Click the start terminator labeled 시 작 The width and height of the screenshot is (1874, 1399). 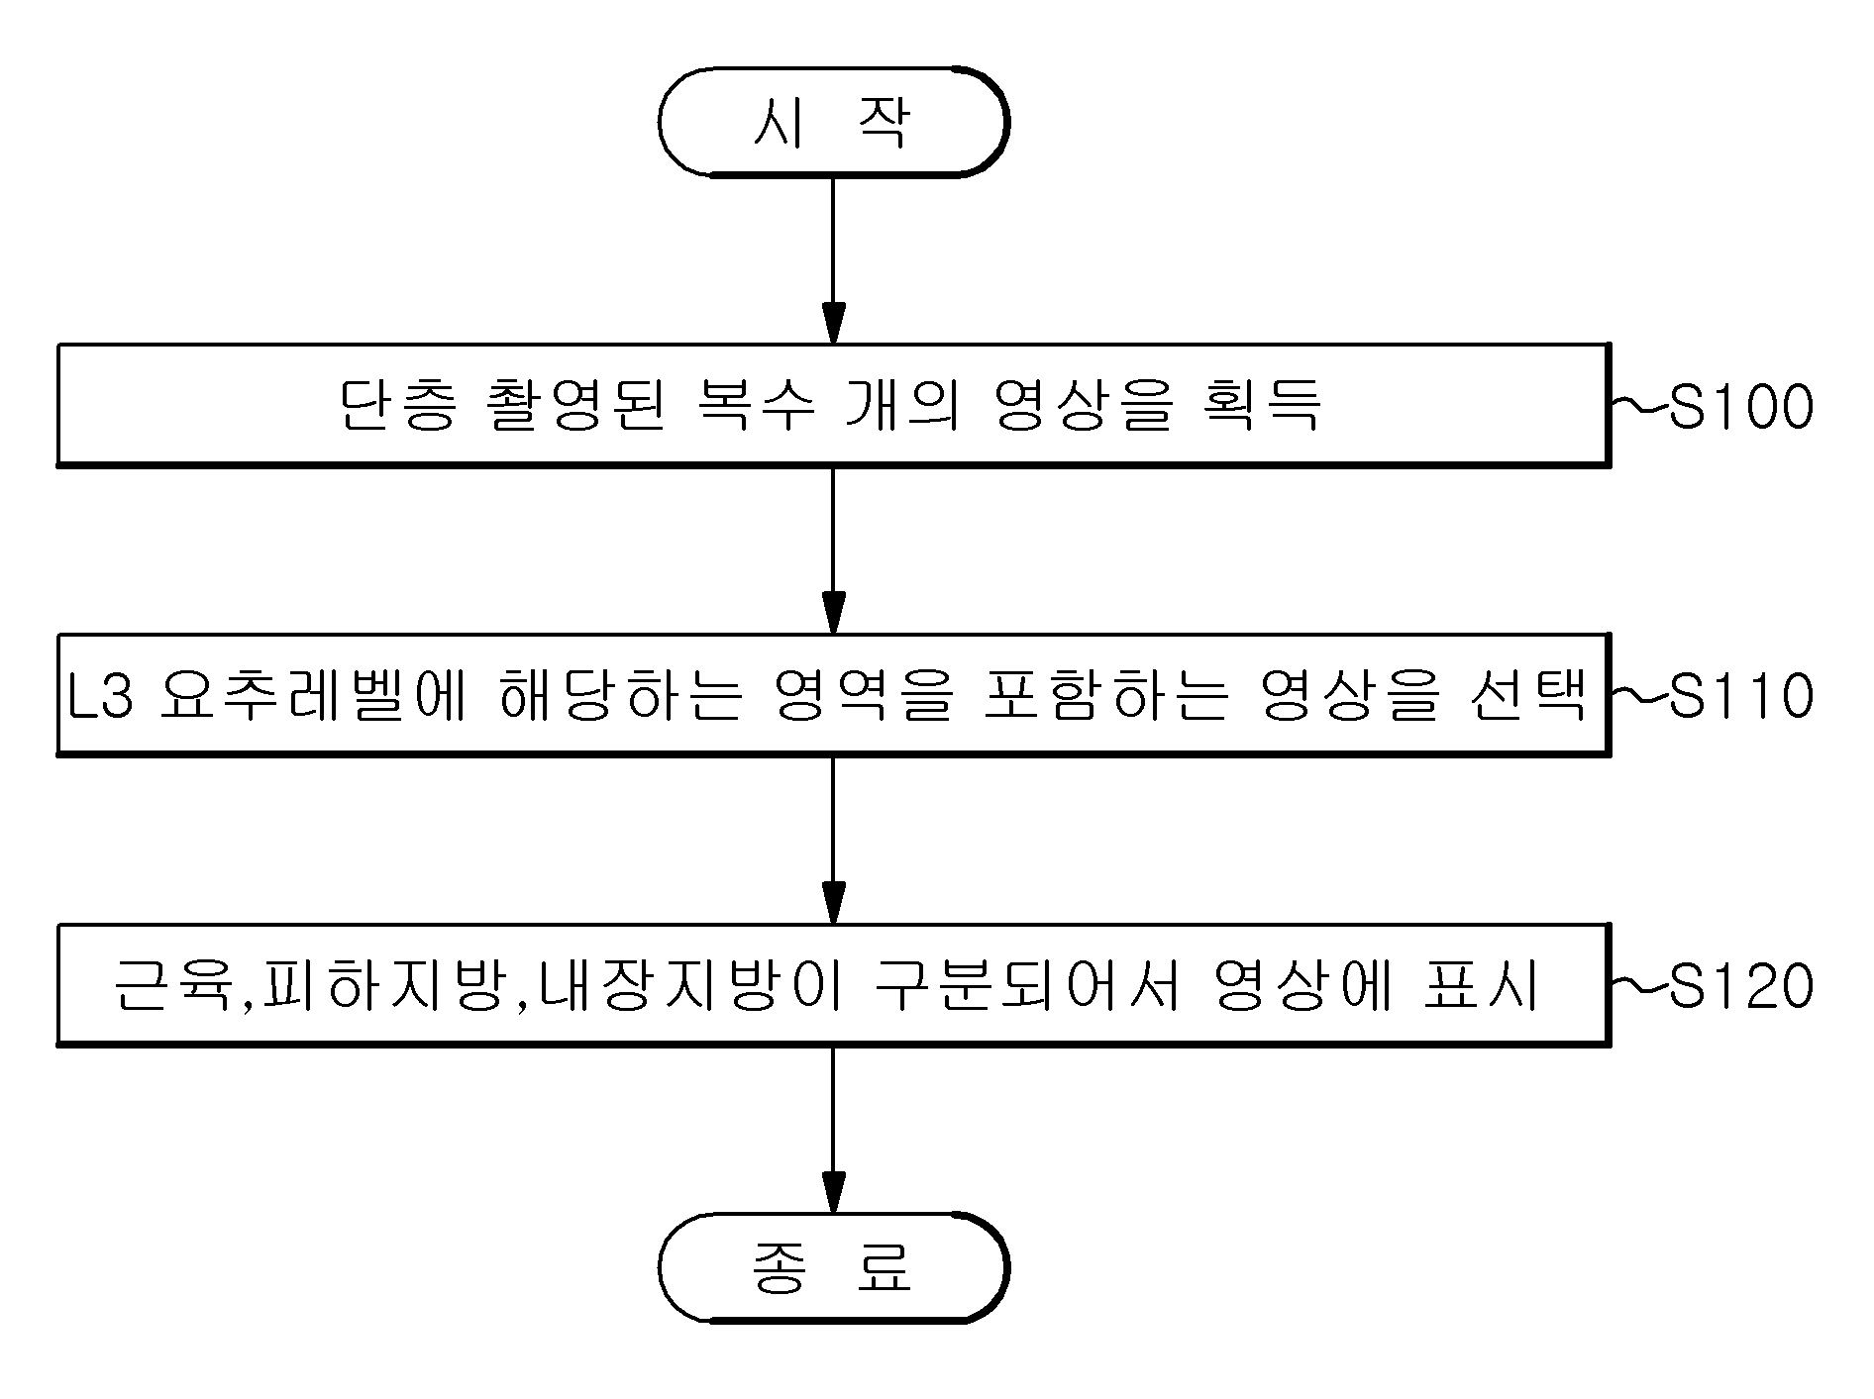(x=833, y=123)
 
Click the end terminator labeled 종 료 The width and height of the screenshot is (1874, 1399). (x=833, y=1266)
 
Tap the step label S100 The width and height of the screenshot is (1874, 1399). (x=1741, y=406)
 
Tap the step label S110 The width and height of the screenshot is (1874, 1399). (x=1741, y=695)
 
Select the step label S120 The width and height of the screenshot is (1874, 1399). (x=1741, y=985)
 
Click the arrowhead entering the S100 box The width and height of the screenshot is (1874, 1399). (x=834, y=323)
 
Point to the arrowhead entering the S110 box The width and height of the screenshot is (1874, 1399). (x=834, y=612)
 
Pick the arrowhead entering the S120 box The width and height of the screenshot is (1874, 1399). (x=834, y=902)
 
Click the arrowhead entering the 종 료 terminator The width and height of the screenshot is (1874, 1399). (x=834, y=1190)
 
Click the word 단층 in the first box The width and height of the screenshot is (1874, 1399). (x=398, y=405)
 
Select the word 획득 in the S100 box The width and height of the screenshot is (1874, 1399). (x=1264, y=405)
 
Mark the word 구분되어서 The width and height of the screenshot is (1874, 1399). (x=1026, y=985)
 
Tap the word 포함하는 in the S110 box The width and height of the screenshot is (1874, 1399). (x=1106, y=695)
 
